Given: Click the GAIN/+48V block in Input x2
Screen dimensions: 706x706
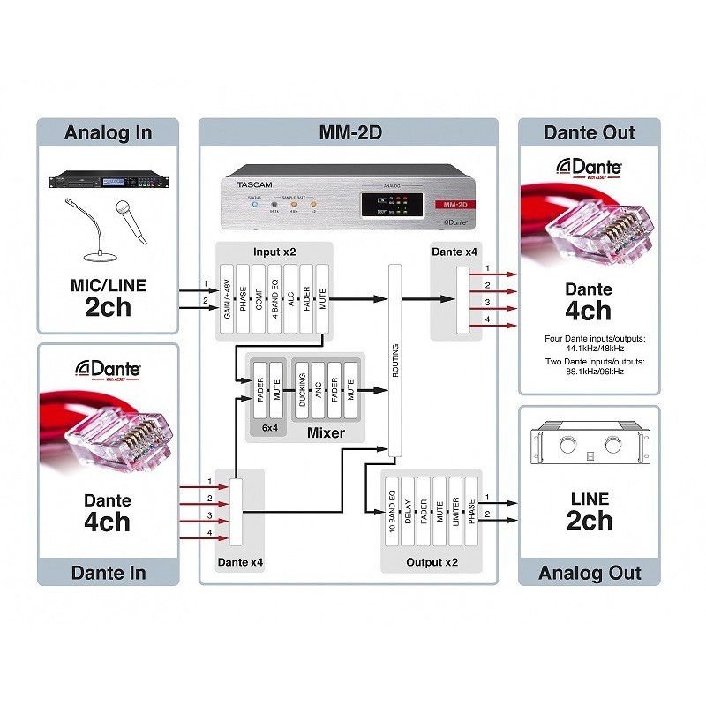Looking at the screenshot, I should click(226, 300).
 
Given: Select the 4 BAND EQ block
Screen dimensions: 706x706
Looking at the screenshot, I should click(274, 300).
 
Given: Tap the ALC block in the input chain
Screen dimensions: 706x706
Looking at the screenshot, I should click(290, 300).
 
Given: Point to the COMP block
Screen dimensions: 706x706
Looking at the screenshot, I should click(259, 300).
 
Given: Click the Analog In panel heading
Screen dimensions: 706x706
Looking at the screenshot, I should click(108, 133).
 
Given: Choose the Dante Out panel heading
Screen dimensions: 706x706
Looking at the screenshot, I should click(589, 133).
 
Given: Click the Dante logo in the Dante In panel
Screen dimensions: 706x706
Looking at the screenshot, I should click(108, 370).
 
